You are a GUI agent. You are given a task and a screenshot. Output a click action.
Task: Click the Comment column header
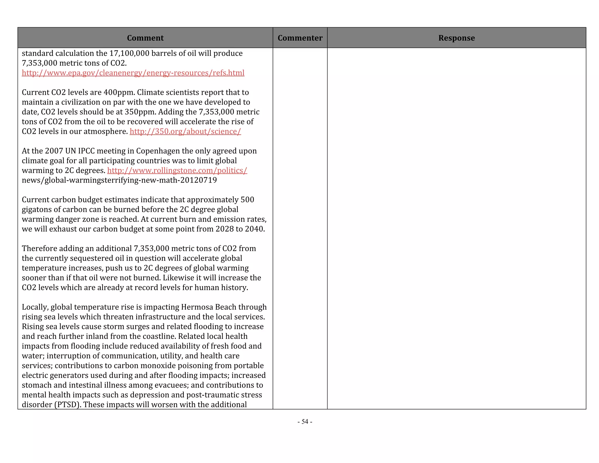(x=145, y=38)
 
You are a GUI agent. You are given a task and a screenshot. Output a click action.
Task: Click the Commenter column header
(x=300, y=38)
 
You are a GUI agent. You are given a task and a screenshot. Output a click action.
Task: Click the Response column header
(x=456, y=38)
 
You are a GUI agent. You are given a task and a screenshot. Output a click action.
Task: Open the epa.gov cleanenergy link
(x=133, y=73)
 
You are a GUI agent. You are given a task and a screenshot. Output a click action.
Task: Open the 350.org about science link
(x=185, y=131)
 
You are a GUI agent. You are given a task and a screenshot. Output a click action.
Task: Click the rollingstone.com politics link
(x=177, y=170)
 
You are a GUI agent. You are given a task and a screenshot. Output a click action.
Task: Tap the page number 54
(x=305, y=421)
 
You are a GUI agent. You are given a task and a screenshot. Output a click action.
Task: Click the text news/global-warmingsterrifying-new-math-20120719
(x=119, y=180)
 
